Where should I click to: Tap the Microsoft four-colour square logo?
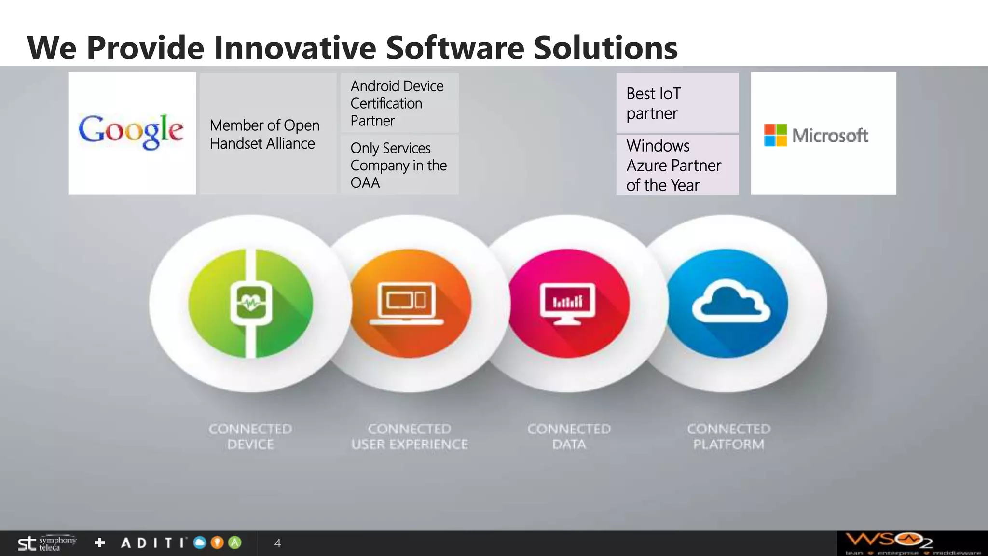[775, 135]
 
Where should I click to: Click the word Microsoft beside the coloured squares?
[830, 136]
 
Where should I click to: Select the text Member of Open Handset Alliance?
[264, 134]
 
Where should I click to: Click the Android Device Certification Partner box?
[399, 103]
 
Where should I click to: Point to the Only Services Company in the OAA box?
[399, 165]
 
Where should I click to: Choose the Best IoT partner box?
[677, 103]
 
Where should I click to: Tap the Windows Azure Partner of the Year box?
[677, 165]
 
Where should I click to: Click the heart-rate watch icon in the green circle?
[251, 304]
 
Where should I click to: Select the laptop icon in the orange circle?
[407, 304]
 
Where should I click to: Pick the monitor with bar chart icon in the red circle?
[567, 304]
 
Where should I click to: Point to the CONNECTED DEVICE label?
[250, 436]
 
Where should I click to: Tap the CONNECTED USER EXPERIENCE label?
[410, 436]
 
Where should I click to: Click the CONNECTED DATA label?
[569, 436]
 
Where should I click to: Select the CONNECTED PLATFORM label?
[729, 436]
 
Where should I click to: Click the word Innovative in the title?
[295, 48]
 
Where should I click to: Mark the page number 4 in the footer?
[277, 543]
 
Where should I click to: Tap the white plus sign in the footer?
[100, 543]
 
